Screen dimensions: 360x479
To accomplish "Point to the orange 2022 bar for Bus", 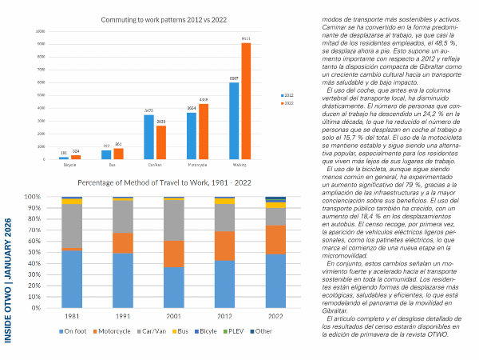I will pyautogui.click(x=119, y=154).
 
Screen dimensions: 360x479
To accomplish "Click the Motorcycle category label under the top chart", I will pyautogui.click(x=197, y=166).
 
